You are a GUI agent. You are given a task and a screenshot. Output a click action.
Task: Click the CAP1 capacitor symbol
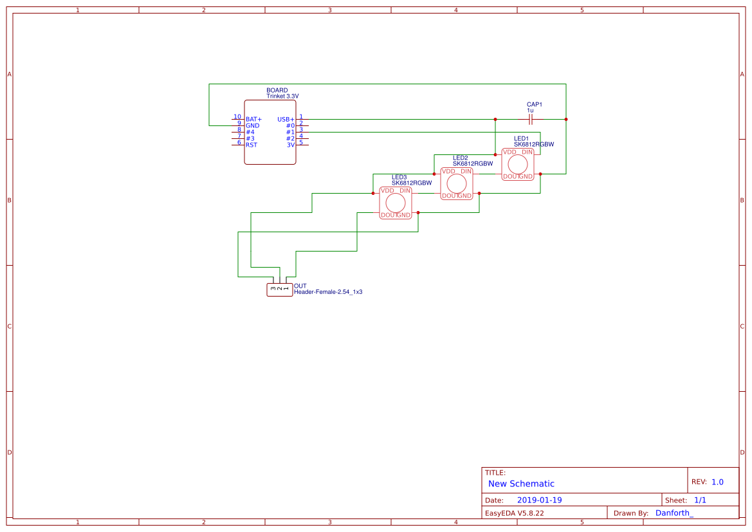click(531, 119)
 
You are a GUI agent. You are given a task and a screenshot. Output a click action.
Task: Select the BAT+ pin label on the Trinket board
click(253, 119)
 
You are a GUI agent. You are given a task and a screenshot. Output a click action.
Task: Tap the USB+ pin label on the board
click(286, 119)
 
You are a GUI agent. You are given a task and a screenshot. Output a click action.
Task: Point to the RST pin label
click(252, 145)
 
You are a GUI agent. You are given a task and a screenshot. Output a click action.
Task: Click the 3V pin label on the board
click(291, 145)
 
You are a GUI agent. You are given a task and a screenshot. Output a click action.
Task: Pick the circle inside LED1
click(517, 164)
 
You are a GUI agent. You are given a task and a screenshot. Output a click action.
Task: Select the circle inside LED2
click(457, 183)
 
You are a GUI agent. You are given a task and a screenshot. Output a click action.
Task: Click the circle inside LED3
click(396, 203)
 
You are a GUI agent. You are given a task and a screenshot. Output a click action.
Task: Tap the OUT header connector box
click(280, 289)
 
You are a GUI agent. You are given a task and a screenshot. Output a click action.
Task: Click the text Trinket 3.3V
click(282, 96)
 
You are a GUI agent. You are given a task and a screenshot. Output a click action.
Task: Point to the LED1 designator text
click(521, 139)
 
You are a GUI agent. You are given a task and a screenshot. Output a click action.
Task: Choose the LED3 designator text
click(399, 178)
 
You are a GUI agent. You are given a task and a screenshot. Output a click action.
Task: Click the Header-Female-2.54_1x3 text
click(328, 291)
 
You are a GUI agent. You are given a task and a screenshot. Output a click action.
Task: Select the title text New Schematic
click(521, 484)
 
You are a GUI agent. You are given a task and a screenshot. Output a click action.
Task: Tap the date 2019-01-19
click(540, 500)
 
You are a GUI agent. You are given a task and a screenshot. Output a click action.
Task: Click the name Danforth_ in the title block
click(674, 513)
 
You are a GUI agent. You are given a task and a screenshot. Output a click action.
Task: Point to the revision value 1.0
click(717, 482)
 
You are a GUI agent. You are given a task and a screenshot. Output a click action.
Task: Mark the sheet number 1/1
click(700, 500)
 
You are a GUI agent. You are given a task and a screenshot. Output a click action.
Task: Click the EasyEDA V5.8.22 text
click(515, 513)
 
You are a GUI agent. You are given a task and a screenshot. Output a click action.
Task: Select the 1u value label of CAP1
click(530, 111)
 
